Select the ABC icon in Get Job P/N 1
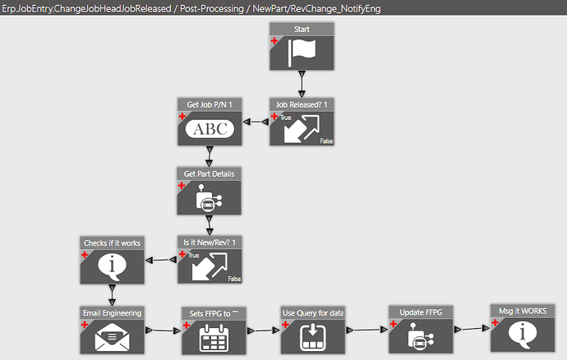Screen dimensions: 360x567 [x=210, y=129]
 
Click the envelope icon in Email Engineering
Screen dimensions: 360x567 [x=112, y=336]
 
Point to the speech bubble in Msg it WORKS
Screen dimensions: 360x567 [x=522, y=334]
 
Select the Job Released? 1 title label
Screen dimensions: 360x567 [x=302, y=104]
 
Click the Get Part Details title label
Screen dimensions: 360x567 [x=209, y=173]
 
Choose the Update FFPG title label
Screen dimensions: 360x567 [x=420, y=313]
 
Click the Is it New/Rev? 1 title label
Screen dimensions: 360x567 [x=209, y=242]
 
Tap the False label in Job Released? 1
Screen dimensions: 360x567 [x=326, y=141]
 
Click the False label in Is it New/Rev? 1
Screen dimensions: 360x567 [x=234, y=279]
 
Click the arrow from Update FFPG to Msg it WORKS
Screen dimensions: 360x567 [x=471, y=329]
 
